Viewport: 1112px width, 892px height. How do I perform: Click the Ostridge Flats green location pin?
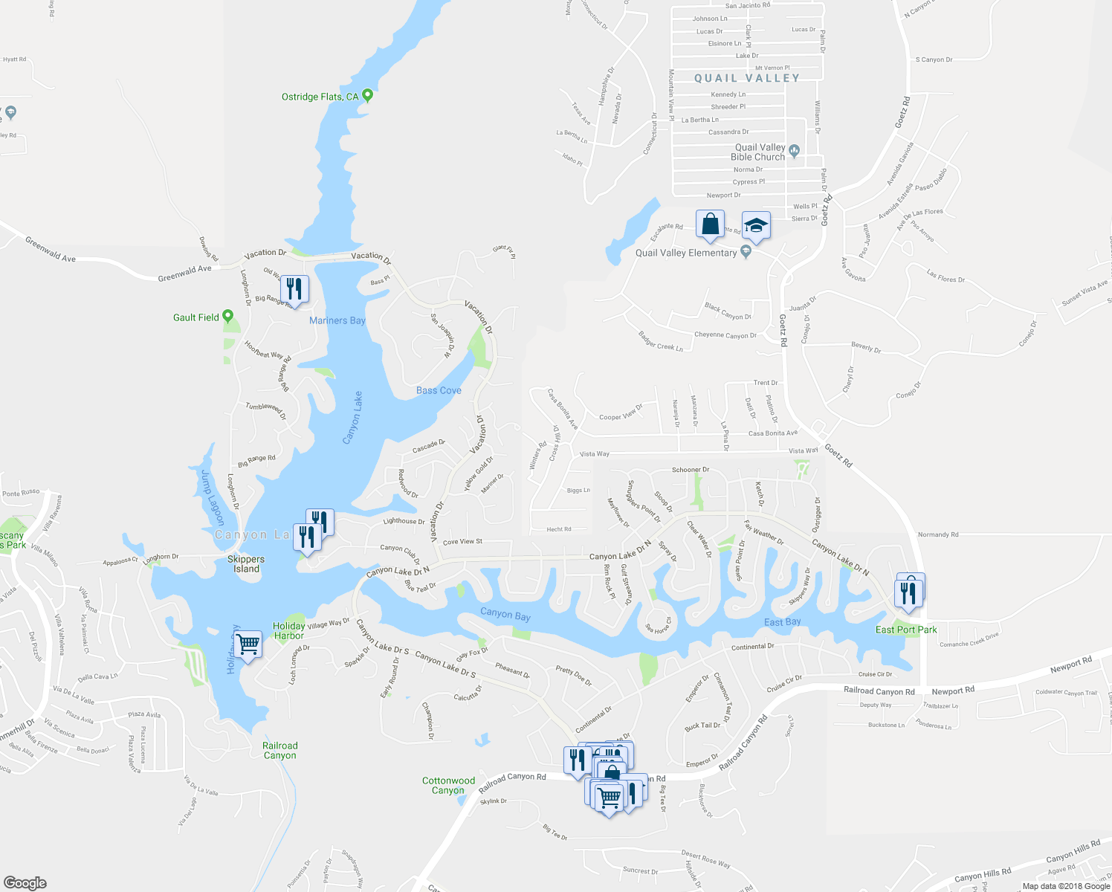click(x=366, y=96)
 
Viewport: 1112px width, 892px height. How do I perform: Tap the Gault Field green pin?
click(x=227, y=317)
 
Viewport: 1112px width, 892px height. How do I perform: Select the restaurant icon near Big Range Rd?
click(x=295, y=288)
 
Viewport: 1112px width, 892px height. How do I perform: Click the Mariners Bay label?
click(x=337, y=320)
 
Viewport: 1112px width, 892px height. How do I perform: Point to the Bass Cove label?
click(x=439, y=390)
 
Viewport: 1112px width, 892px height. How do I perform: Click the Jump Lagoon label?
click(x=212, y=497)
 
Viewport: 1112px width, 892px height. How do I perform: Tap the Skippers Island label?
click(x=246, y=564)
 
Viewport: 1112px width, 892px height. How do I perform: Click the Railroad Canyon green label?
click(x=279, y=751)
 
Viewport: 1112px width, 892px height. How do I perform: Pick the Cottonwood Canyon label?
click(x=448, y=786)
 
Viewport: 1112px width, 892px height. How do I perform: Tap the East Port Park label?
click(x=906, y=630)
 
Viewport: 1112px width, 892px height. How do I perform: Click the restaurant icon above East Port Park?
click(x=908, y=592)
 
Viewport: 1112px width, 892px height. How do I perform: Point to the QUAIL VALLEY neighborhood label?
click(x=747, y=78)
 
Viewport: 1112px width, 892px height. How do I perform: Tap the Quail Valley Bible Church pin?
click(x=794, y=152)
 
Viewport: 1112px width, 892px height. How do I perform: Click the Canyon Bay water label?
click(x=505, y=614)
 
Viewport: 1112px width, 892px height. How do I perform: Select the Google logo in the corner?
click(x=25, y=883)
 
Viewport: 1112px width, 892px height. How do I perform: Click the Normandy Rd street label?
click(x=938, y=534)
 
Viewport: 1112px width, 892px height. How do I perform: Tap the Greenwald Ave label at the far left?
click(x=51, y=249)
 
